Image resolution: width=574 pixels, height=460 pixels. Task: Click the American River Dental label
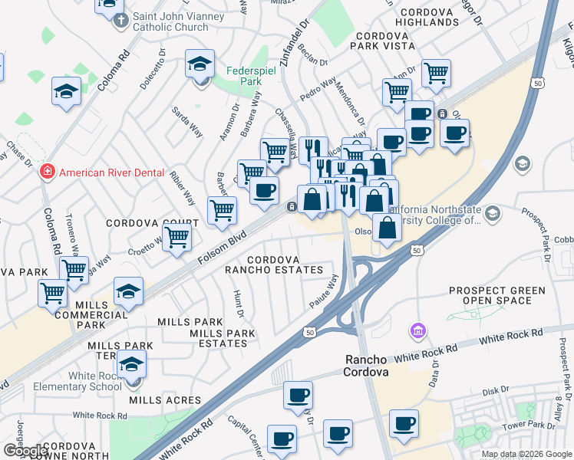tap(112, 172)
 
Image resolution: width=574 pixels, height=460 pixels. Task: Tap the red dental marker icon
tap(48, 172)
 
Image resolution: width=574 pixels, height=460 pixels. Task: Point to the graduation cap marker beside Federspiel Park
tap(200, 64)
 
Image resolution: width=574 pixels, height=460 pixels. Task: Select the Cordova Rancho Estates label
tap(273, 264)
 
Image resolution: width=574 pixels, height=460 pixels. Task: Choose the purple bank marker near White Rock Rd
tap(417, 331)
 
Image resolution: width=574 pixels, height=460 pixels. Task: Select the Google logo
tap(25, 451)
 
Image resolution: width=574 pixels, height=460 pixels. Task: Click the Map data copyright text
tap(527, 454)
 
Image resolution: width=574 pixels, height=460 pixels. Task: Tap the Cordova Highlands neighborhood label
tap(428, 18)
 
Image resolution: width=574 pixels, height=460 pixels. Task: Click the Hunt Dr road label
tap(239, 303)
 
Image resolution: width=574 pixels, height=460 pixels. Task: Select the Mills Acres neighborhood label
tap(165, 400)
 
